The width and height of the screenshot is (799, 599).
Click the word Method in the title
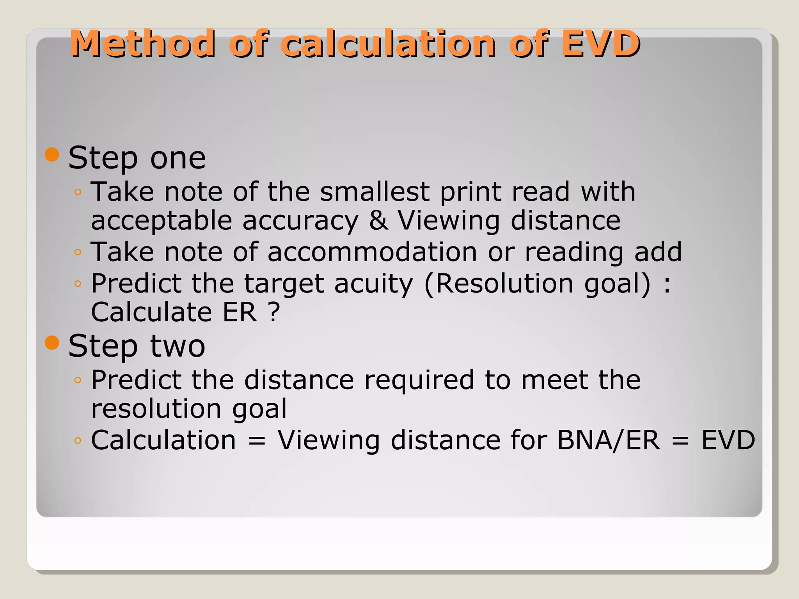tap(142, 44)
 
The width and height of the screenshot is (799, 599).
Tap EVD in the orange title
tap(600, 44)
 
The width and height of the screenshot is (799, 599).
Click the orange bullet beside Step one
tap(52, 154)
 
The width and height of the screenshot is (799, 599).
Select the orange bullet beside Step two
tap(52, 343)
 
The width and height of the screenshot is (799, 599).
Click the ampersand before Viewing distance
tap(378, 221)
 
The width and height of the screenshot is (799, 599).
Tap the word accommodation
tap(372, 252)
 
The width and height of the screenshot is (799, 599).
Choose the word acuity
tap(373, 284)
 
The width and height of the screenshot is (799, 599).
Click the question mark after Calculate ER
tap(274, 312)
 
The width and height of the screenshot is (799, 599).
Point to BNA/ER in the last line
tap(609, 440)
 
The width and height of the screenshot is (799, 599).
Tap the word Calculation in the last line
tap(163, 440)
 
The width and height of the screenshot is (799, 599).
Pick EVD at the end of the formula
tap(728, 440)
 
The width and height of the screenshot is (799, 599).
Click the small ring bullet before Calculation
tap(78, 441)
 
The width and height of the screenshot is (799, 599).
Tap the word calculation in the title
tap(388, 44)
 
